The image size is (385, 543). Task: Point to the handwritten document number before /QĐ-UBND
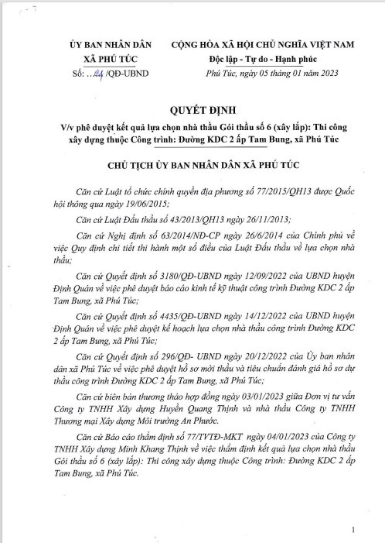(x=97, y=73)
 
